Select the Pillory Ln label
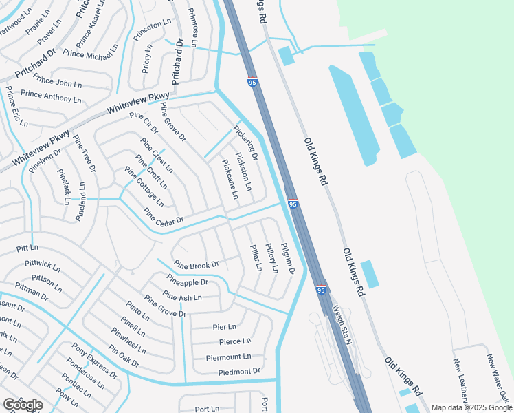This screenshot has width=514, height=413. pos(271,258)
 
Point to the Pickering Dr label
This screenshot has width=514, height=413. pos(245,142)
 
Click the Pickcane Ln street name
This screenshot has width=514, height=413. pos(230,180)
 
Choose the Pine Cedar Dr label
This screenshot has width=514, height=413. pos(164,215)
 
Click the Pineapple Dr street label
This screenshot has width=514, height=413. pos(187,281)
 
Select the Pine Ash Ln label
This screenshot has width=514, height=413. pos(182,297)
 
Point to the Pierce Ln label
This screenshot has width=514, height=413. pos(230,341)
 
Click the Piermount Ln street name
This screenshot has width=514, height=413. pos(229,357)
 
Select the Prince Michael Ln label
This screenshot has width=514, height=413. pos(91,52)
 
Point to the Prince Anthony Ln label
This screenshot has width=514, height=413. pos(51,96)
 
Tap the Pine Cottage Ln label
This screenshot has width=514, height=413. pos(144,187)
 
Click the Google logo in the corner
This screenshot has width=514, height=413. pos(23,405)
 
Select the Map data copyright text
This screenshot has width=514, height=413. pos(471,407)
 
